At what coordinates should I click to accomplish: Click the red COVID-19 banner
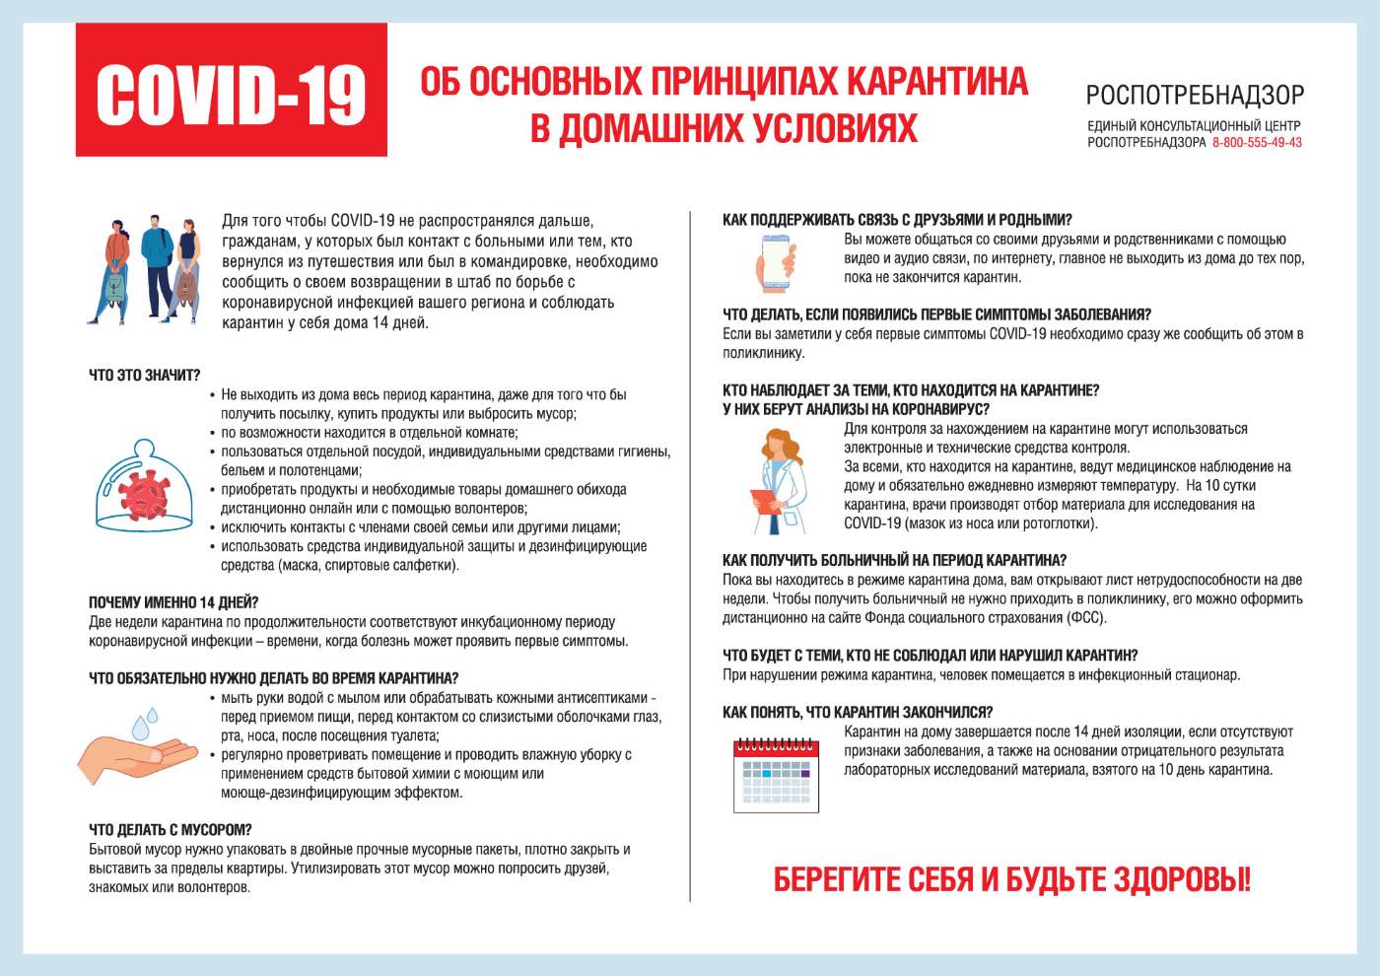232,91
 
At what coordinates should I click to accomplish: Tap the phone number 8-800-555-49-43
1257,143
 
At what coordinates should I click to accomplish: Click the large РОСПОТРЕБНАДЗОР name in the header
1195,96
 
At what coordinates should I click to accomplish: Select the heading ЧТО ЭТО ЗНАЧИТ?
145,376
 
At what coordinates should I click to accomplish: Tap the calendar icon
777,775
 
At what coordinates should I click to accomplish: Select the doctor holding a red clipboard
780,481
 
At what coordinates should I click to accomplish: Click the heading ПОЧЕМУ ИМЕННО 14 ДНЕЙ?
173,602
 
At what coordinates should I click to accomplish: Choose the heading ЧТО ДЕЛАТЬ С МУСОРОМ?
171,830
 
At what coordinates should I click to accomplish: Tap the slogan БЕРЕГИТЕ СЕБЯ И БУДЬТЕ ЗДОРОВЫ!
1011,879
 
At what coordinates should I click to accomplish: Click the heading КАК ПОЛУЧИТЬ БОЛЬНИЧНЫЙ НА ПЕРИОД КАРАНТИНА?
894,561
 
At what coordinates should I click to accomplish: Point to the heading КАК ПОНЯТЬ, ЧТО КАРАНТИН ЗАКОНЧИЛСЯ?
858,713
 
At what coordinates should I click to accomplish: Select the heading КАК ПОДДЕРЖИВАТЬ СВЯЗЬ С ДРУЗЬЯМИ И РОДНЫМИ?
897,220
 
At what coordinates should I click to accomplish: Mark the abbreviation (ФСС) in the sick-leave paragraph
1085,618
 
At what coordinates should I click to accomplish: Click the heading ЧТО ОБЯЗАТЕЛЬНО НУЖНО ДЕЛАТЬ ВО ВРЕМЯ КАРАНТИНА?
274,678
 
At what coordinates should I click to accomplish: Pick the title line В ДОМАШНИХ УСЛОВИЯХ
724,128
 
